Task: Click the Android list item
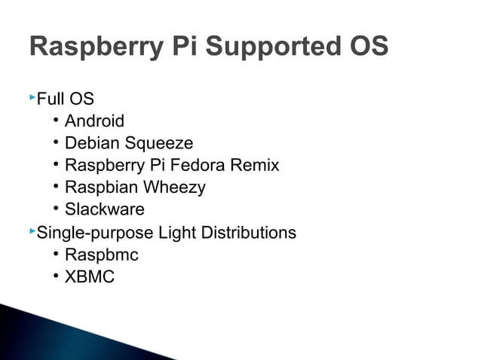coord(94,121)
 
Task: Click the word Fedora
coord(202,165)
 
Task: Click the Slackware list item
coord(104,209)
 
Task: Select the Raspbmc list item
coord(101,255)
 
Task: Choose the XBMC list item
coord(90,276)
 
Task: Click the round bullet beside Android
coord(57,121)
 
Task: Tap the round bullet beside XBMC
coord(57,276)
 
